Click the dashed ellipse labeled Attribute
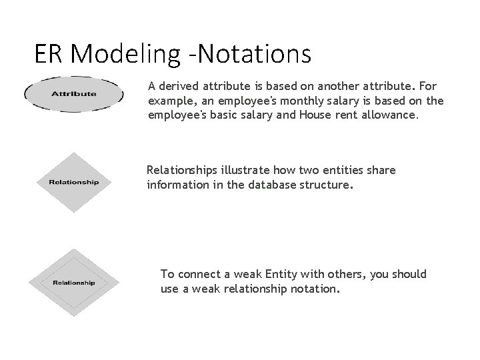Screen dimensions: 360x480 click(73, 93)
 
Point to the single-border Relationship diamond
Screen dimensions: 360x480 click(73, 182)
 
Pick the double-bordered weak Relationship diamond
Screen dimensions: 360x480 click(73, 282)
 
